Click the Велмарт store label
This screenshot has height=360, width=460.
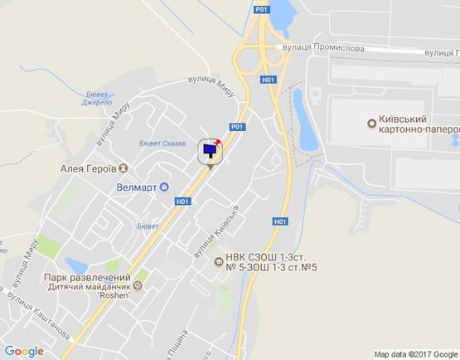click(x=136, y=187)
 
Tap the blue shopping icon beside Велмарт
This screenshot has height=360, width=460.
click(x=163, y=187)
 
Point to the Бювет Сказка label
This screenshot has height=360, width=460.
click(x=162, y=143)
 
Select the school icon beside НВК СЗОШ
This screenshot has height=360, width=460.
click(x=217, y=262)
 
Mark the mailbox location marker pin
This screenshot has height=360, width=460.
click(x=210, y=153)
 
